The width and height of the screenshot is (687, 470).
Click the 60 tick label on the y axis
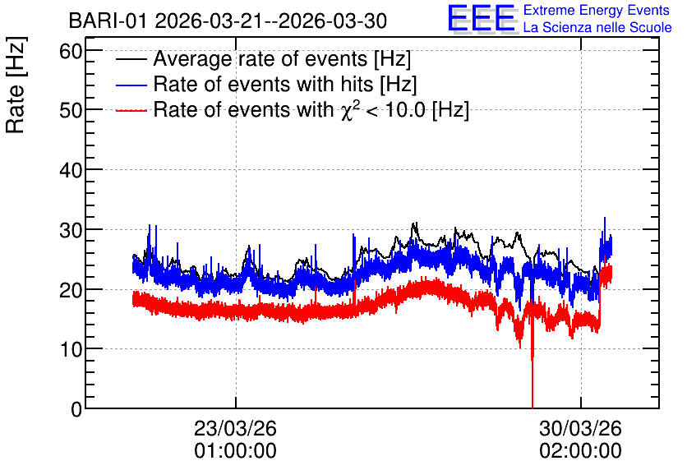tap(71, 51)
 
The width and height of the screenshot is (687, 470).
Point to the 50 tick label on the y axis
tap(71, 110)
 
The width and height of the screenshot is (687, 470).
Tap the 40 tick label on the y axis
tap(71, 170)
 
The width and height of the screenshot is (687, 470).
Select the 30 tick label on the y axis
tap(71, 230)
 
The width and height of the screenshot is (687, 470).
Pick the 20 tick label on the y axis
tap(71, 289)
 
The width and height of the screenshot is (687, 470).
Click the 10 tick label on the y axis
tap(71, 349)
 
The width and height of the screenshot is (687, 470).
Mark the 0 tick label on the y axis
tap(76, 409)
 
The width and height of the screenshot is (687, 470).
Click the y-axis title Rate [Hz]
tap(16, 85)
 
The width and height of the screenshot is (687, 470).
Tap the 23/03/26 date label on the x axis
tap(235, 428)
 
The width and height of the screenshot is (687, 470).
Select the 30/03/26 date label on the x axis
tap(580, 428)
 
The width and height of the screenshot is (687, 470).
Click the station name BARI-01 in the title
tap(108, 21)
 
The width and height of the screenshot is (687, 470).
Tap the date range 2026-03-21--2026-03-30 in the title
tap(270, 21)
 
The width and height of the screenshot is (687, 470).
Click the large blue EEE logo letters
tap(482, 18)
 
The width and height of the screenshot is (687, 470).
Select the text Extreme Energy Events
tap(597, 10)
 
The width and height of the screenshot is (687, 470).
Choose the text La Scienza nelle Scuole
tap(597, 28)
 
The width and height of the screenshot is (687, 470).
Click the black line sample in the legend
tap(131, 59)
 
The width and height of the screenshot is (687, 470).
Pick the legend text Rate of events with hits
tap(263, 84)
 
